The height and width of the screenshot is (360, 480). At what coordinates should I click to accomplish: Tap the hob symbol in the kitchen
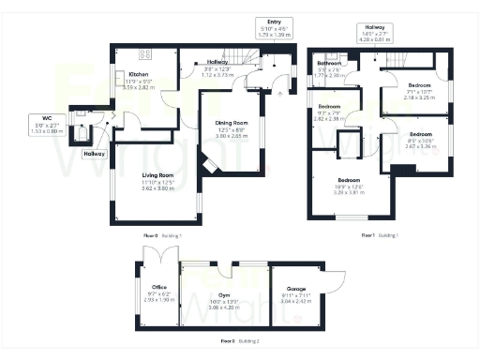click(x=144, y=53)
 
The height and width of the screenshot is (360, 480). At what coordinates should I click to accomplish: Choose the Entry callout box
click(x=275, y=28)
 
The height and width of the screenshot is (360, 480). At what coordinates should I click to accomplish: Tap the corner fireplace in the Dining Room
click(x=212, y=165)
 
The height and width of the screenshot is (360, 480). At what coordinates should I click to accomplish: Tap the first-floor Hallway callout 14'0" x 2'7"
click(x=375, y=35)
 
